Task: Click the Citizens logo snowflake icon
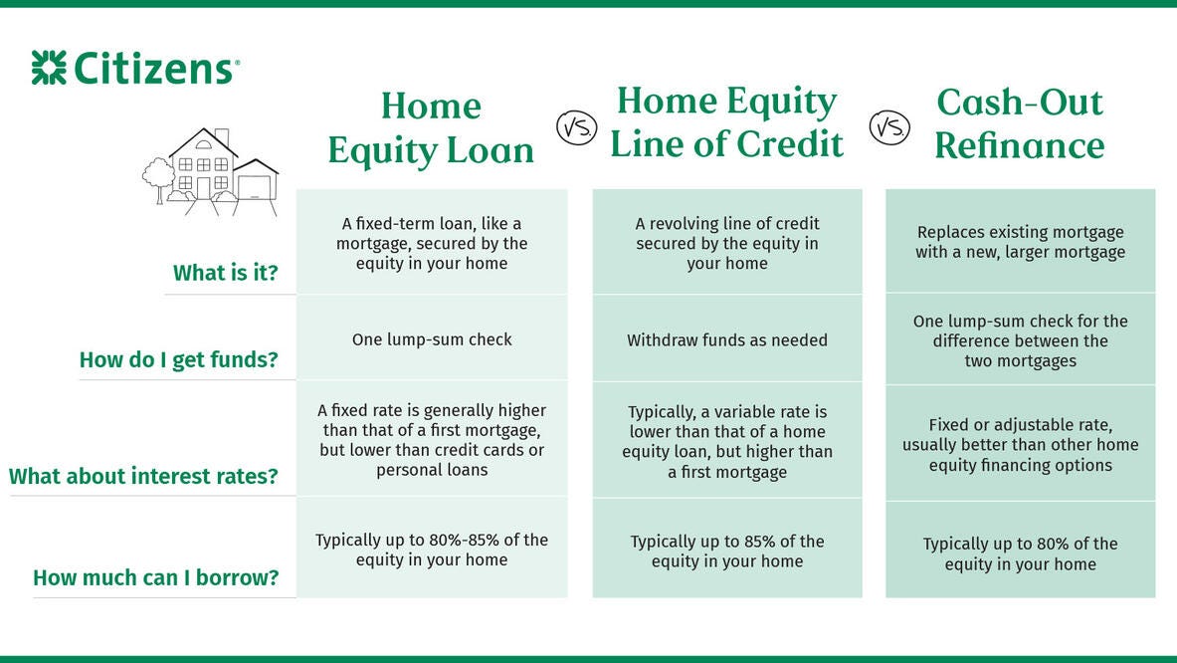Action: pos(49,68)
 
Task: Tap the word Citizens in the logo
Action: pos(154,69)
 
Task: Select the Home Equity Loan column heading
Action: pos(431,127)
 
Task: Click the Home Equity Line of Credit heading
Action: pos(726,122)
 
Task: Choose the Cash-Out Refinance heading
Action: pos(1020,123)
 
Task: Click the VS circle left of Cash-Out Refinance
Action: pos(889,126)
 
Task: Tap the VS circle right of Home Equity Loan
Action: pos(576,126)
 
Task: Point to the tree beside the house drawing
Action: pos(158,179)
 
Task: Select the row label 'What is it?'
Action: pos(225,273)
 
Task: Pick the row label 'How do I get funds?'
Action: pos(179,359)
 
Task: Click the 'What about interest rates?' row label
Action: pos(143,476)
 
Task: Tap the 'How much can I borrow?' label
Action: pos(155,577)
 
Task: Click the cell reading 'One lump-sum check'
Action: pos(432,339)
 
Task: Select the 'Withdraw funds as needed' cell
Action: pos(726,340)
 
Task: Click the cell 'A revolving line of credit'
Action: pos(726,243)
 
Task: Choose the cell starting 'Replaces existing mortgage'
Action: pos(1020,242)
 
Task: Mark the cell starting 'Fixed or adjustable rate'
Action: pos(1020,445)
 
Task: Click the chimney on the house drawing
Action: pos(222,138)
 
